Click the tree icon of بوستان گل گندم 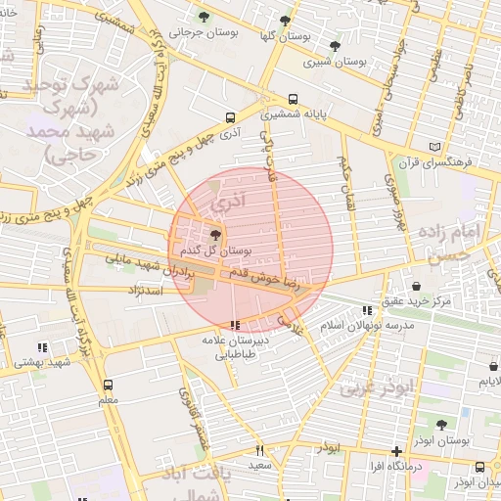click(215, 235)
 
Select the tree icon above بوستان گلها click(285, 20)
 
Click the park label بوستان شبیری click(336, 61)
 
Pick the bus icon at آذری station click(229, 116)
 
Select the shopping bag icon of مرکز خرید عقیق click(418, 287)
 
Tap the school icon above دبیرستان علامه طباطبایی click(234, 325)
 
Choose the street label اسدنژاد click(150, 291)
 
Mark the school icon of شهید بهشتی click(42, 347)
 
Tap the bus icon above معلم click(108, 385)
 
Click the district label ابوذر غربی click(378, 387)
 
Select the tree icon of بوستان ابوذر click(441, 425)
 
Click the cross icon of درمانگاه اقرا click(395, 452)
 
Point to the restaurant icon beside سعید click(259, 450)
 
